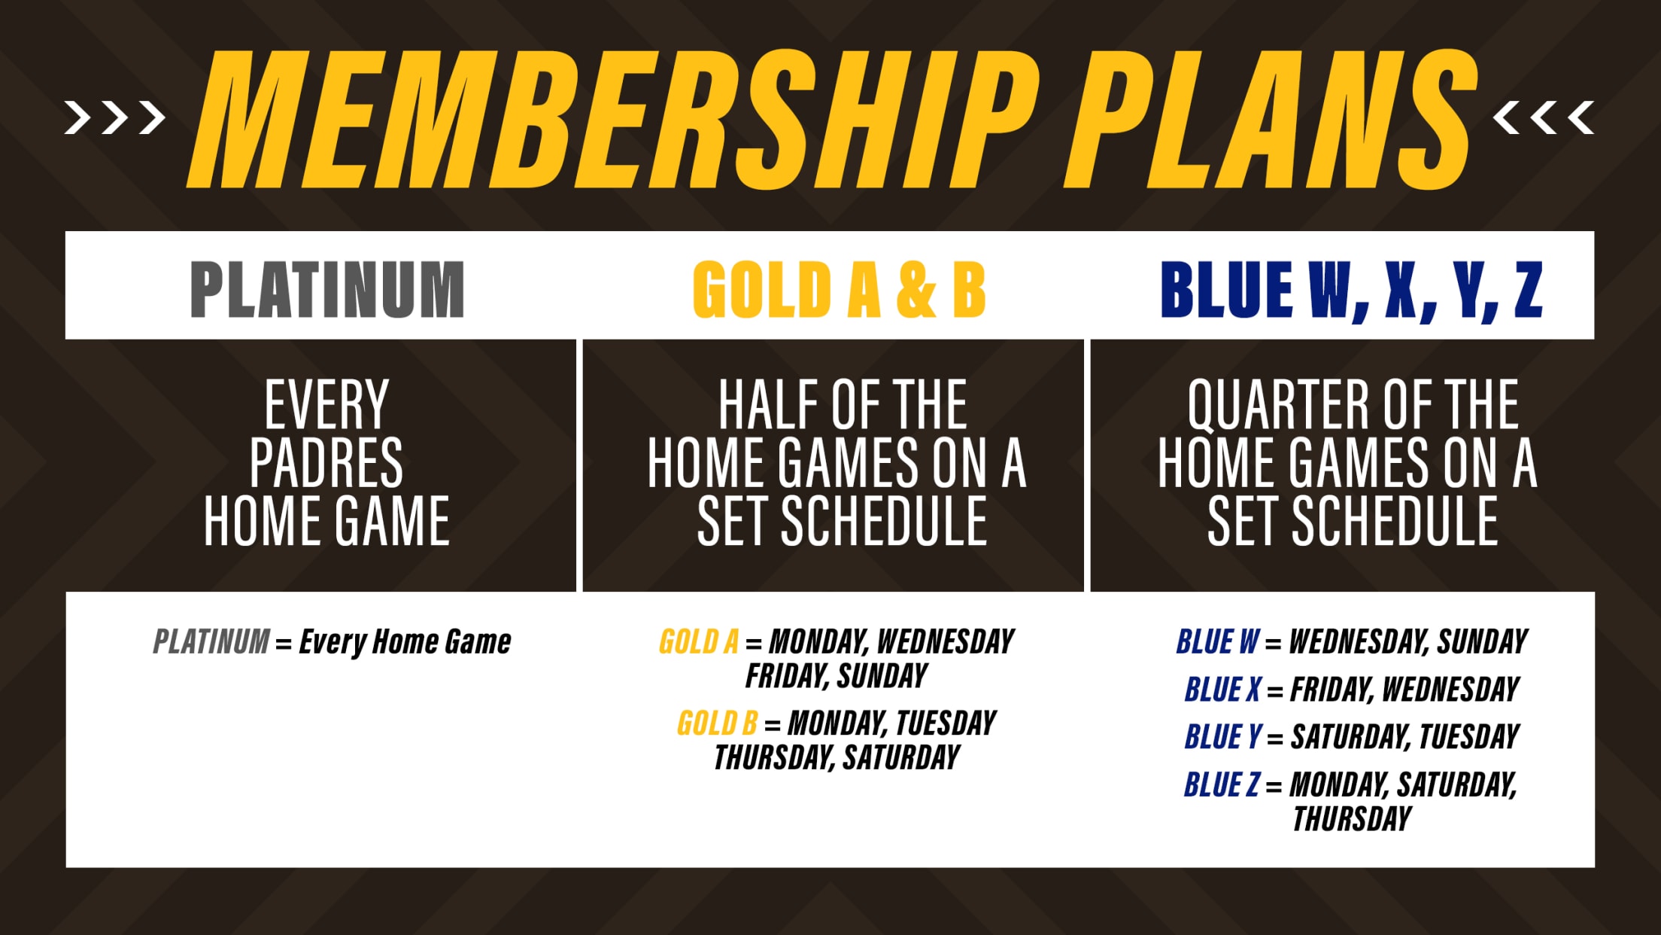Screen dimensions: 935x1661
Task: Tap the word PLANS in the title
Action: (x=1271, y=120)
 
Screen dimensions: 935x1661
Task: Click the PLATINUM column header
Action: (x=327, y=290)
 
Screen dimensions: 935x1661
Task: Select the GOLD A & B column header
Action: (x=839, y=290)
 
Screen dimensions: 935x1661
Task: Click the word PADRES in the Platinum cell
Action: (x=326, y=463)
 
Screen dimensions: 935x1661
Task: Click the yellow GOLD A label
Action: (x=698, y=642)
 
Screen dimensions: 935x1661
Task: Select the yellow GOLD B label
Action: (x=717, y=723)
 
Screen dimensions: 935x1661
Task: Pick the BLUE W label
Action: (x=1217, y=642)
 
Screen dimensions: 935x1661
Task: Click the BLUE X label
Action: (x=1222, y=690)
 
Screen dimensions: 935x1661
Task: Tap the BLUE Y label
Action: (x=1222, y=737)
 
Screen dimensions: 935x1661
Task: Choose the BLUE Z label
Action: (x=1221, y=785)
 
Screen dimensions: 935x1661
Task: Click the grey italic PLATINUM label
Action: (x=211, y=642)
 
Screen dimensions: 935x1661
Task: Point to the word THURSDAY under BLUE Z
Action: (x=1352, y=819)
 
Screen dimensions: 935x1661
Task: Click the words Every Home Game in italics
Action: (x=405, y=642)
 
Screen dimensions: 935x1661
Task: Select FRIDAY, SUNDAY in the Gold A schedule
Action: (x=836, y=676)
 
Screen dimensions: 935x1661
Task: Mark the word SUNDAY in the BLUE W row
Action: (x=1482, y=642)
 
